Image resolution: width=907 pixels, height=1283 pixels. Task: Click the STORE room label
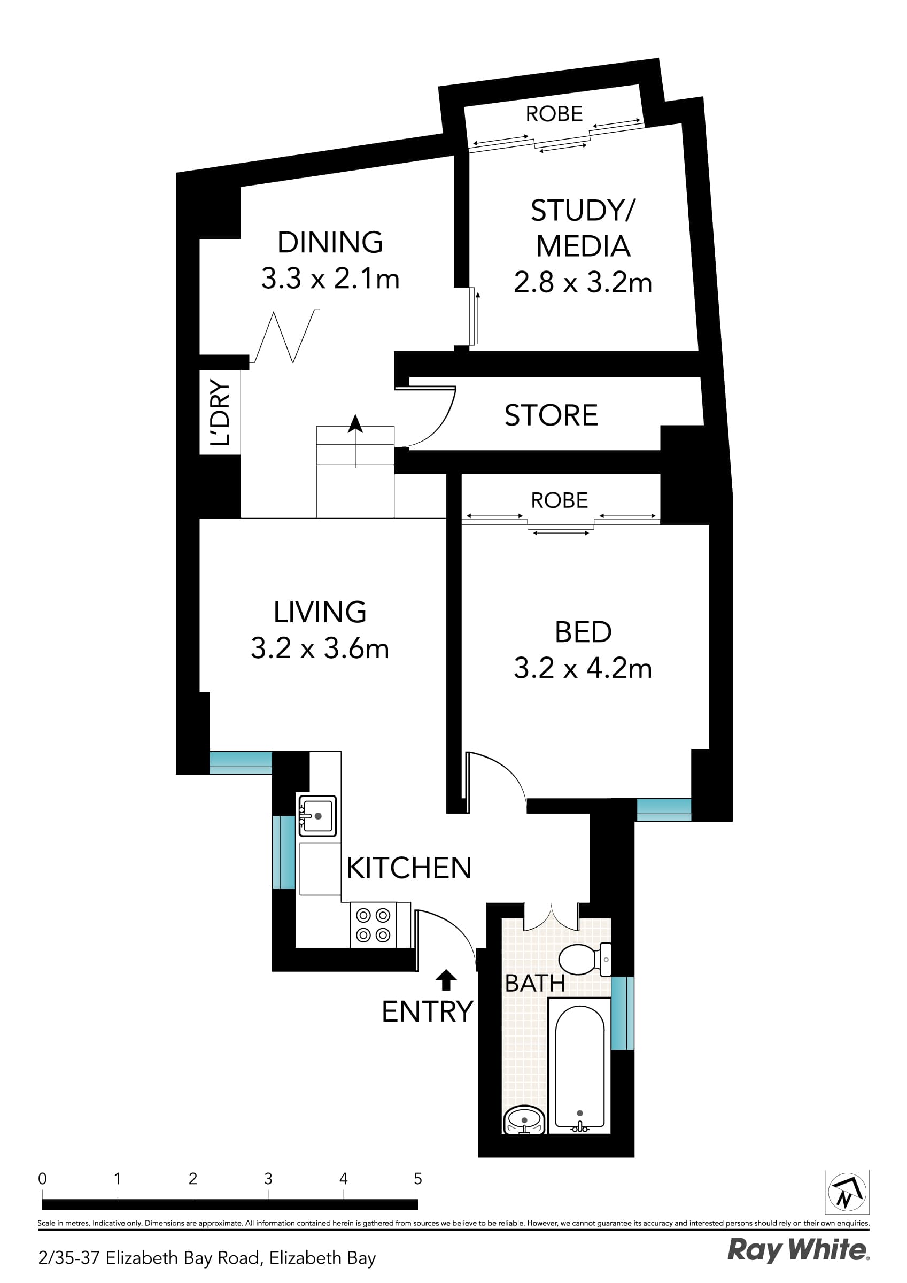tap(551, 415)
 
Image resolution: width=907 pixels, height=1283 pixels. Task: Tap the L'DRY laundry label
tap(220, 412)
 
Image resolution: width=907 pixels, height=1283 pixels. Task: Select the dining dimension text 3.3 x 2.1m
tap(330, 279)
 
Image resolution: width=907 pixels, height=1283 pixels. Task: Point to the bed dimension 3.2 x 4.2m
tap(583, 668)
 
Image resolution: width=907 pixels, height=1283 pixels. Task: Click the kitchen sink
tap(317, 816)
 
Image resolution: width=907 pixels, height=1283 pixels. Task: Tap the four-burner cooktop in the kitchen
tap(373, 925)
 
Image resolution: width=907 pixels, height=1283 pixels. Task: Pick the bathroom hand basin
tap(524, 1119)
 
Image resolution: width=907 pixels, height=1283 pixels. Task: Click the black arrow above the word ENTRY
tap(445, 979)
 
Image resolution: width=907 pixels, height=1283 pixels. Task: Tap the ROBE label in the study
tap(554, 114)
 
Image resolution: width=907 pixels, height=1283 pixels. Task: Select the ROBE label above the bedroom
tap(559, 500)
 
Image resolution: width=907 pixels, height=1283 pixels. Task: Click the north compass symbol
tap(847, 1192)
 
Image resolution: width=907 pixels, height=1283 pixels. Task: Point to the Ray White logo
tap(797, 1250)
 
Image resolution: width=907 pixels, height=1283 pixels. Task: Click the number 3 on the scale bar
tap(268, 1179)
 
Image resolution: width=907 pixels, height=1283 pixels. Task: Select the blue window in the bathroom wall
tap(622, 1013)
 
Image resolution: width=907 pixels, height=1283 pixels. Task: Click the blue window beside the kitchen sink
tap(283, 852)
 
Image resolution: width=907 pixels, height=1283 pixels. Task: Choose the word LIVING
tap(320, 612)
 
